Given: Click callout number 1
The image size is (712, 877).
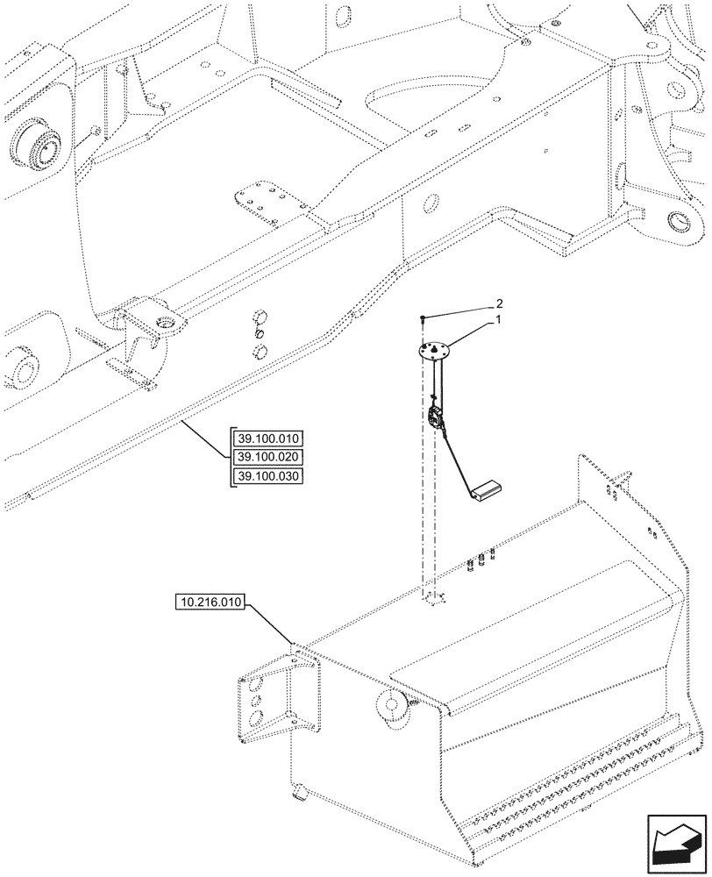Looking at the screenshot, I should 498,321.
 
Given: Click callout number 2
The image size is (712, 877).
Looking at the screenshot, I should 498,303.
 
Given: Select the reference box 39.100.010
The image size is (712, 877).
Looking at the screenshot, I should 267,439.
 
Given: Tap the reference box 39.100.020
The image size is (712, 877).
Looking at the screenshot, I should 267,457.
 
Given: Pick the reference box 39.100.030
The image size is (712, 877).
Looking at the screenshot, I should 267,475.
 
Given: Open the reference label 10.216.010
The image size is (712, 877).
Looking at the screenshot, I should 212,603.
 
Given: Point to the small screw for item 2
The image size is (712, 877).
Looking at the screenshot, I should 423,318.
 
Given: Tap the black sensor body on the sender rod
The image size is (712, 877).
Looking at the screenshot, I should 433,418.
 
